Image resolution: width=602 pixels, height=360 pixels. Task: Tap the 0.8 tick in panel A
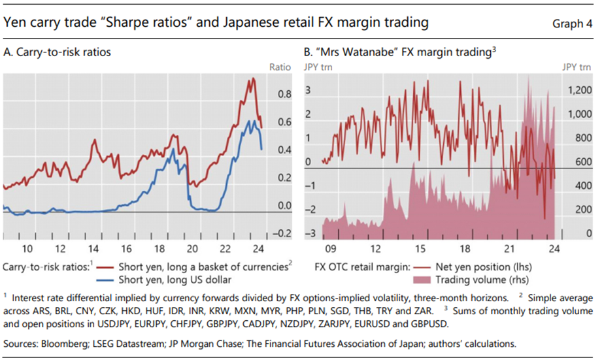(x=284, y=94)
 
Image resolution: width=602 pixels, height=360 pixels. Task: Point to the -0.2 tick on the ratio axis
(x=282, y=233)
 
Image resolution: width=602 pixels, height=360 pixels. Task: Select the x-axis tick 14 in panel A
(x=94, y=248)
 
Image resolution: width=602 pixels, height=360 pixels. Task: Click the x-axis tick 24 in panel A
(x=258, y=248)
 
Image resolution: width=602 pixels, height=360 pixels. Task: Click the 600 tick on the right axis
(x=579, y=162)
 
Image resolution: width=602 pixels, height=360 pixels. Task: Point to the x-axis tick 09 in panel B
(x=329, y=248)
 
